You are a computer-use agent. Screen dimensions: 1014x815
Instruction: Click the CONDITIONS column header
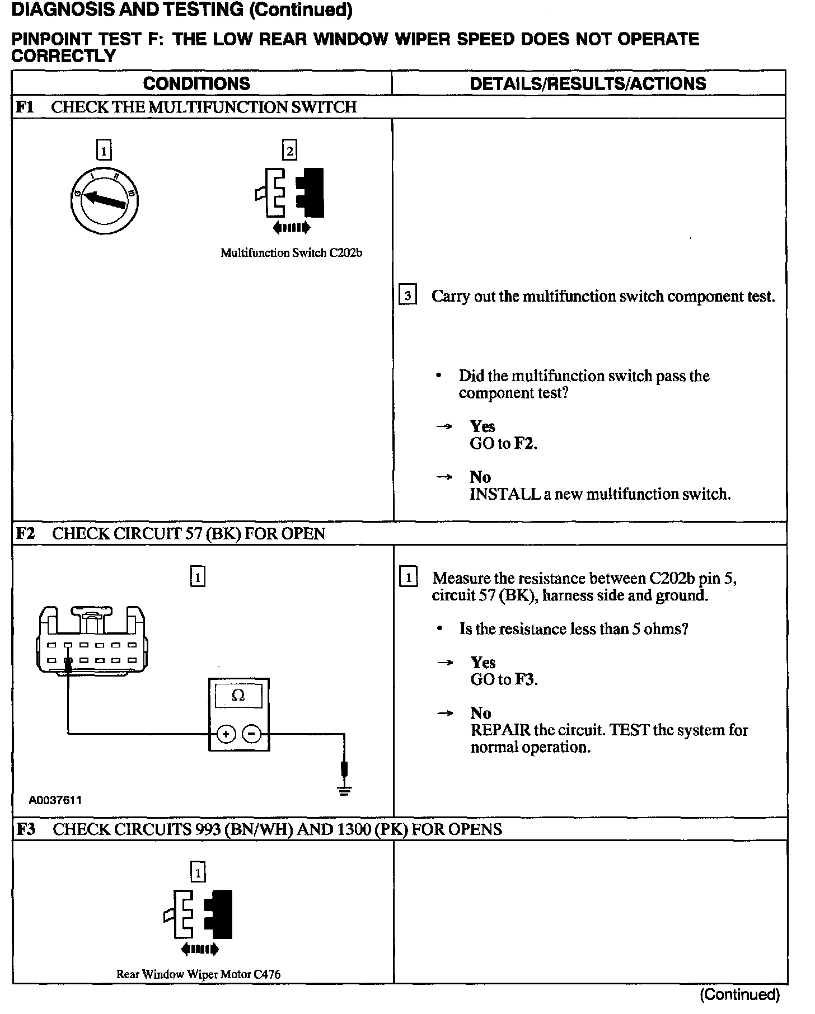tap(196, 83)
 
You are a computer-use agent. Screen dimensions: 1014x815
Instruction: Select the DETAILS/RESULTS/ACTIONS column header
tap(588, 83)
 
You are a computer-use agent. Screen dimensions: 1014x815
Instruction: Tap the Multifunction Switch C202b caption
tap(291, 252)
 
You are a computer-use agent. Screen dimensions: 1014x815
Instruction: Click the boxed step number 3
tap(407, 295)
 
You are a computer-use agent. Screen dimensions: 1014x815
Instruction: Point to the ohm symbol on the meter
tap(238, 696)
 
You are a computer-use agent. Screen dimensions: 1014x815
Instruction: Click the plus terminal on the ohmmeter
tap(226, 733)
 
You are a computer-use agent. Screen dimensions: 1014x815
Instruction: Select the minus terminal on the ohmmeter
tap(252, 733)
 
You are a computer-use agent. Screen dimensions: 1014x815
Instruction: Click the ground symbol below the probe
tap(345, 790)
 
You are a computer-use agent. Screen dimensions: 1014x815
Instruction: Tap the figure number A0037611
tap(55, 800)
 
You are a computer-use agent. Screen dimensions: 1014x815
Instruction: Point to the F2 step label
tap(25, 533)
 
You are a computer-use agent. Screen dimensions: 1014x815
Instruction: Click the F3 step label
tap(25, 829)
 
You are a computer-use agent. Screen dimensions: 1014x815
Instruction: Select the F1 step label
tap(25, 107)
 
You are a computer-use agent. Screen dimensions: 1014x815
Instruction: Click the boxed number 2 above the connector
tap(289, 150)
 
